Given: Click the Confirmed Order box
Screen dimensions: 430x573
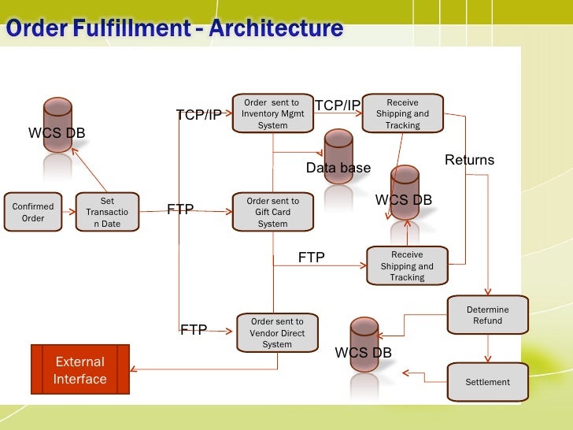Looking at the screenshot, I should coord(33,212).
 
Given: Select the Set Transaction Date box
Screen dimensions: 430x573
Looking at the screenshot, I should coord(108,213).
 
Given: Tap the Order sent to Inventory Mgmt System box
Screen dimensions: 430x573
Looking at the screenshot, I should coord(272,114).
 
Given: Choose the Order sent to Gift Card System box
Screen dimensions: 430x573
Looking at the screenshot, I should coord(272,213).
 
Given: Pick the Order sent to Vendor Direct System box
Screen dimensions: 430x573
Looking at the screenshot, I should coord(276,332).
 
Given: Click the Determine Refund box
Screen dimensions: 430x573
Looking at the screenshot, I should coord(487,315).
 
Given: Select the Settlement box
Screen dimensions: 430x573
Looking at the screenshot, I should coord(487,382).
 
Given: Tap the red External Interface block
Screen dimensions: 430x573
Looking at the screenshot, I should coord(79,370).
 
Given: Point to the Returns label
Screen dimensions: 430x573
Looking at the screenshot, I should coord(469,161).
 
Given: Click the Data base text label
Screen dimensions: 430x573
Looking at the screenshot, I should coord(338,169).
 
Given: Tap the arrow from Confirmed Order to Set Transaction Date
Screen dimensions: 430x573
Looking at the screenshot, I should coord(68,212).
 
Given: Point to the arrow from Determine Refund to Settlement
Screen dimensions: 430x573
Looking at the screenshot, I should coord(488,348).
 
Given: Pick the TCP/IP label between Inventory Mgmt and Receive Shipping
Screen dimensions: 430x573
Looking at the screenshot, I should coord(337,106).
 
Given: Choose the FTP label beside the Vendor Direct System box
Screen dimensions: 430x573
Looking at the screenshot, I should coord(194,330).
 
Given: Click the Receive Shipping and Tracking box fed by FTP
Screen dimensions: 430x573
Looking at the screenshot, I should coord(407,266).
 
